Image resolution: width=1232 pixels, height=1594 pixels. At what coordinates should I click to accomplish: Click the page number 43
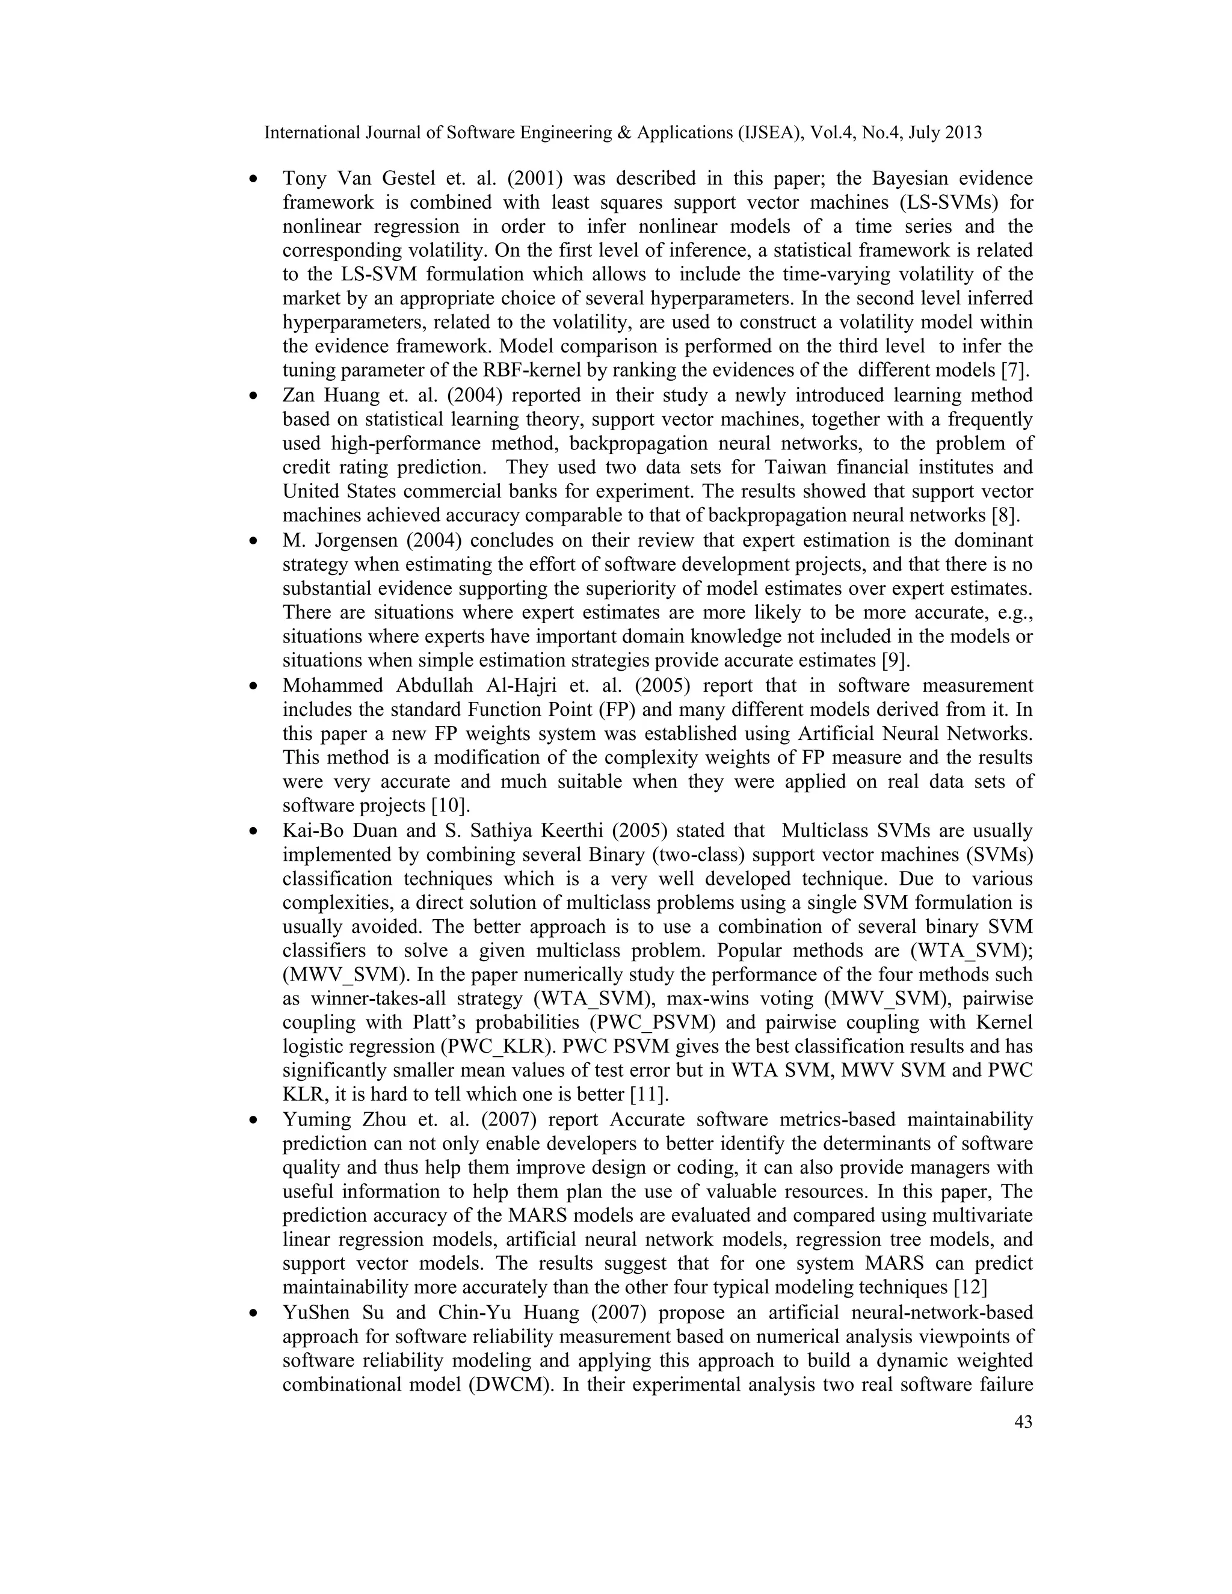(x=1023, y=1422)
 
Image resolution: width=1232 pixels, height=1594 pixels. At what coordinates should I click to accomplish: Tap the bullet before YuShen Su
(x=253, y=1314)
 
